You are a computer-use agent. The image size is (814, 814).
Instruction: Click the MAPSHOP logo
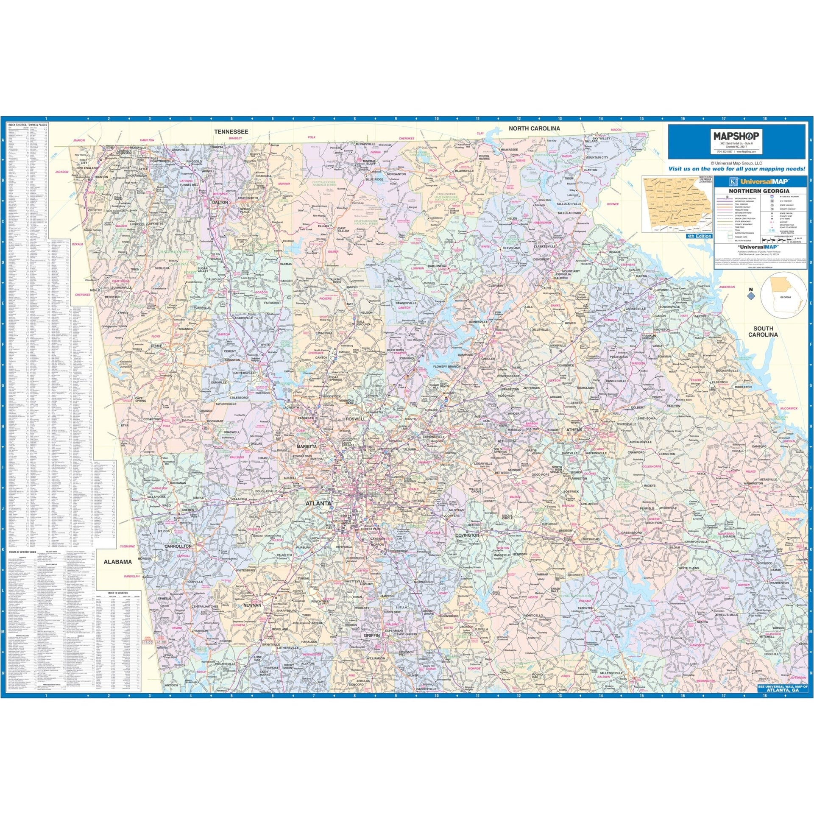tap(736, 136)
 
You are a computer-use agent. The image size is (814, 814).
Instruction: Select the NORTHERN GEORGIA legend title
tap(761, 191)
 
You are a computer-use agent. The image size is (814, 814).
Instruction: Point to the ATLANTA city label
tap(318, 503)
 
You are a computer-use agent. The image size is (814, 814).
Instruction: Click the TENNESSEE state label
tap(231, 132)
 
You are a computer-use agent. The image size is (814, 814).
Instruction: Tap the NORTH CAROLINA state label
tap(534, 128)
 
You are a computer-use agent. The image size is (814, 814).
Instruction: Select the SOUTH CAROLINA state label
tap(763, 331)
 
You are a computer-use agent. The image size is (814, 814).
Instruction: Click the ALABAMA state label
tap(118, 562)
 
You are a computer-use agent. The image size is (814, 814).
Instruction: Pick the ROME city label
tap(156, 346)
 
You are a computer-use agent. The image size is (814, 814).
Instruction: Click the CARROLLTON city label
tap(178, 546)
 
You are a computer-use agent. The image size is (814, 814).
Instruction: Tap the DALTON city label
tap(220, 203)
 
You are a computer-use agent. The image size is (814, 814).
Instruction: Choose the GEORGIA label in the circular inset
tap(786, 297)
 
